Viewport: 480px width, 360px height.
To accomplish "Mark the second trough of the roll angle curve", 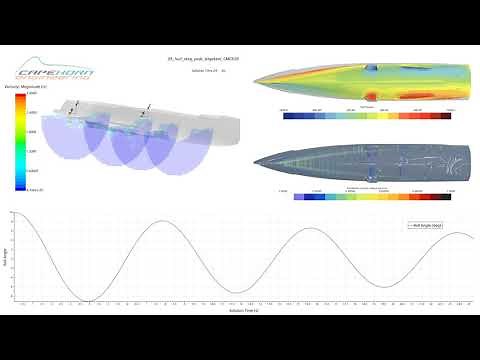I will coord(233,292).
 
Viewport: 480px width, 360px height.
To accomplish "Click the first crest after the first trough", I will coord(161,221).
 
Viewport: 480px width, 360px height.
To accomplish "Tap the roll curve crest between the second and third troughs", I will coord(306,227).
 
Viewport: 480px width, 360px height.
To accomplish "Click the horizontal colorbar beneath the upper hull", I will coord(364,115).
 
